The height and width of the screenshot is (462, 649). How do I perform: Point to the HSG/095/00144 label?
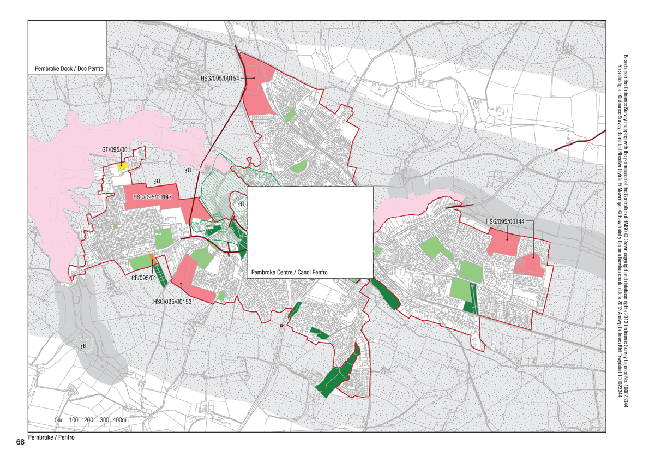(504, 221)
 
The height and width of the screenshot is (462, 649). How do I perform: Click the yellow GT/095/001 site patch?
(123, 165)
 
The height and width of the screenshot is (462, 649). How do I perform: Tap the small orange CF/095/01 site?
(153, 259)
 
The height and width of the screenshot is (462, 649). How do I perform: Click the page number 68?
(20, 442)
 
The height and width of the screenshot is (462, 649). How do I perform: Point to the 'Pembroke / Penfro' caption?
(51, 438)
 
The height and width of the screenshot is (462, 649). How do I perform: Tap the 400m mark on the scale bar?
(119, 420)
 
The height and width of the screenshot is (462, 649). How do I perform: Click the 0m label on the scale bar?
(59, 420)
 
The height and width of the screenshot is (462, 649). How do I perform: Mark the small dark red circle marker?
(281, 326)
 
